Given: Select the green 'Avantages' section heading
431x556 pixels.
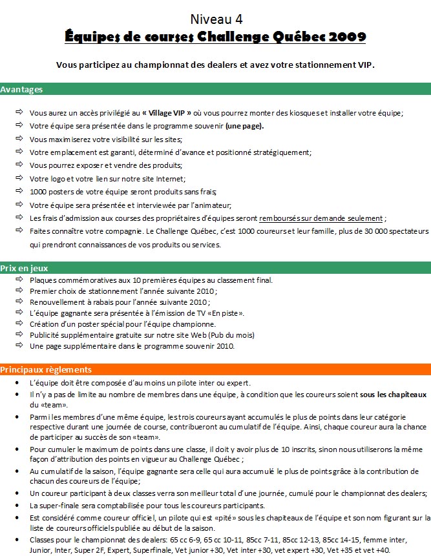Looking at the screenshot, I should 22,89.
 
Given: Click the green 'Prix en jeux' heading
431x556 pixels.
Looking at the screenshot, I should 25,268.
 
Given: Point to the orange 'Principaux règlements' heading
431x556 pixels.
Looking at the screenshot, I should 46,370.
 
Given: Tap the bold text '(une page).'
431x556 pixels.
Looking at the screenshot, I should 244,126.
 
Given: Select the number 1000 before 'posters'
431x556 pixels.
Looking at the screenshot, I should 39,192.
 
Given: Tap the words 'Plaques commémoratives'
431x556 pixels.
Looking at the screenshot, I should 71,280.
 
